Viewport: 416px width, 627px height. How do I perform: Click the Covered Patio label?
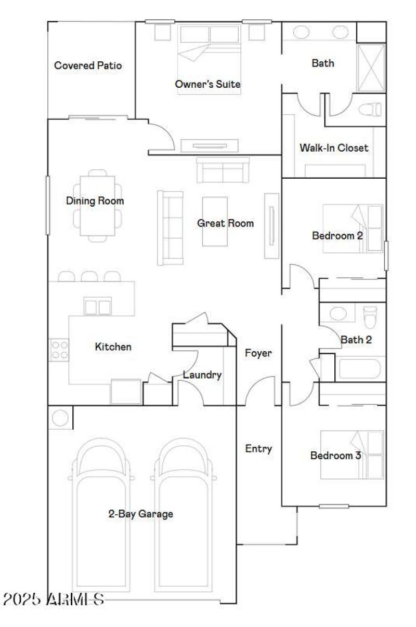(x=88, y=65)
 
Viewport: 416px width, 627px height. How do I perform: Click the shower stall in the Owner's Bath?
(x=371, y=68)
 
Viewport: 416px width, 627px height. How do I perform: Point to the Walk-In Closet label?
(x=333, y=148)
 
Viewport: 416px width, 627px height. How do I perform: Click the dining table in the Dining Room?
(x=97, y=206)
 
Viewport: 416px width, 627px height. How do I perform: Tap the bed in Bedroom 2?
(x=353, y=229)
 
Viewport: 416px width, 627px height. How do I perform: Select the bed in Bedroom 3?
(x=352, y=455)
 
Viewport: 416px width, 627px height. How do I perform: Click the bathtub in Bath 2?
(x=359, y=369)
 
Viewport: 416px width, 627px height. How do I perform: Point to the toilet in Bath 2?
(x=370, y=317)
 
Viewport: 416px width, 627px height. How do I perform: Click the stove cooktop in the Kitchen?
(x=58, y=350)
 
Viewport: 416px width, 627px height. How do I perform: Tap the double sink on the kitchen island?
(x=98, y=307)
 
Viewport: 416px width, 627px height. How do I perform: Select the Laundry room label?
(x=202, y=375)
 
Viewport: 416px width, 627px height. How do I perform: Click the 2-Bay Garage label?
(x=140, y=514)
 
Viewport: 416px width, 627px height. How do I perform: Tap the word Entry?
(x=258, y=449)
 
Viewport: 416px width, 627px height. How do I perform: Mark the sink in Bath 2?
(x=338, y=314)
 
